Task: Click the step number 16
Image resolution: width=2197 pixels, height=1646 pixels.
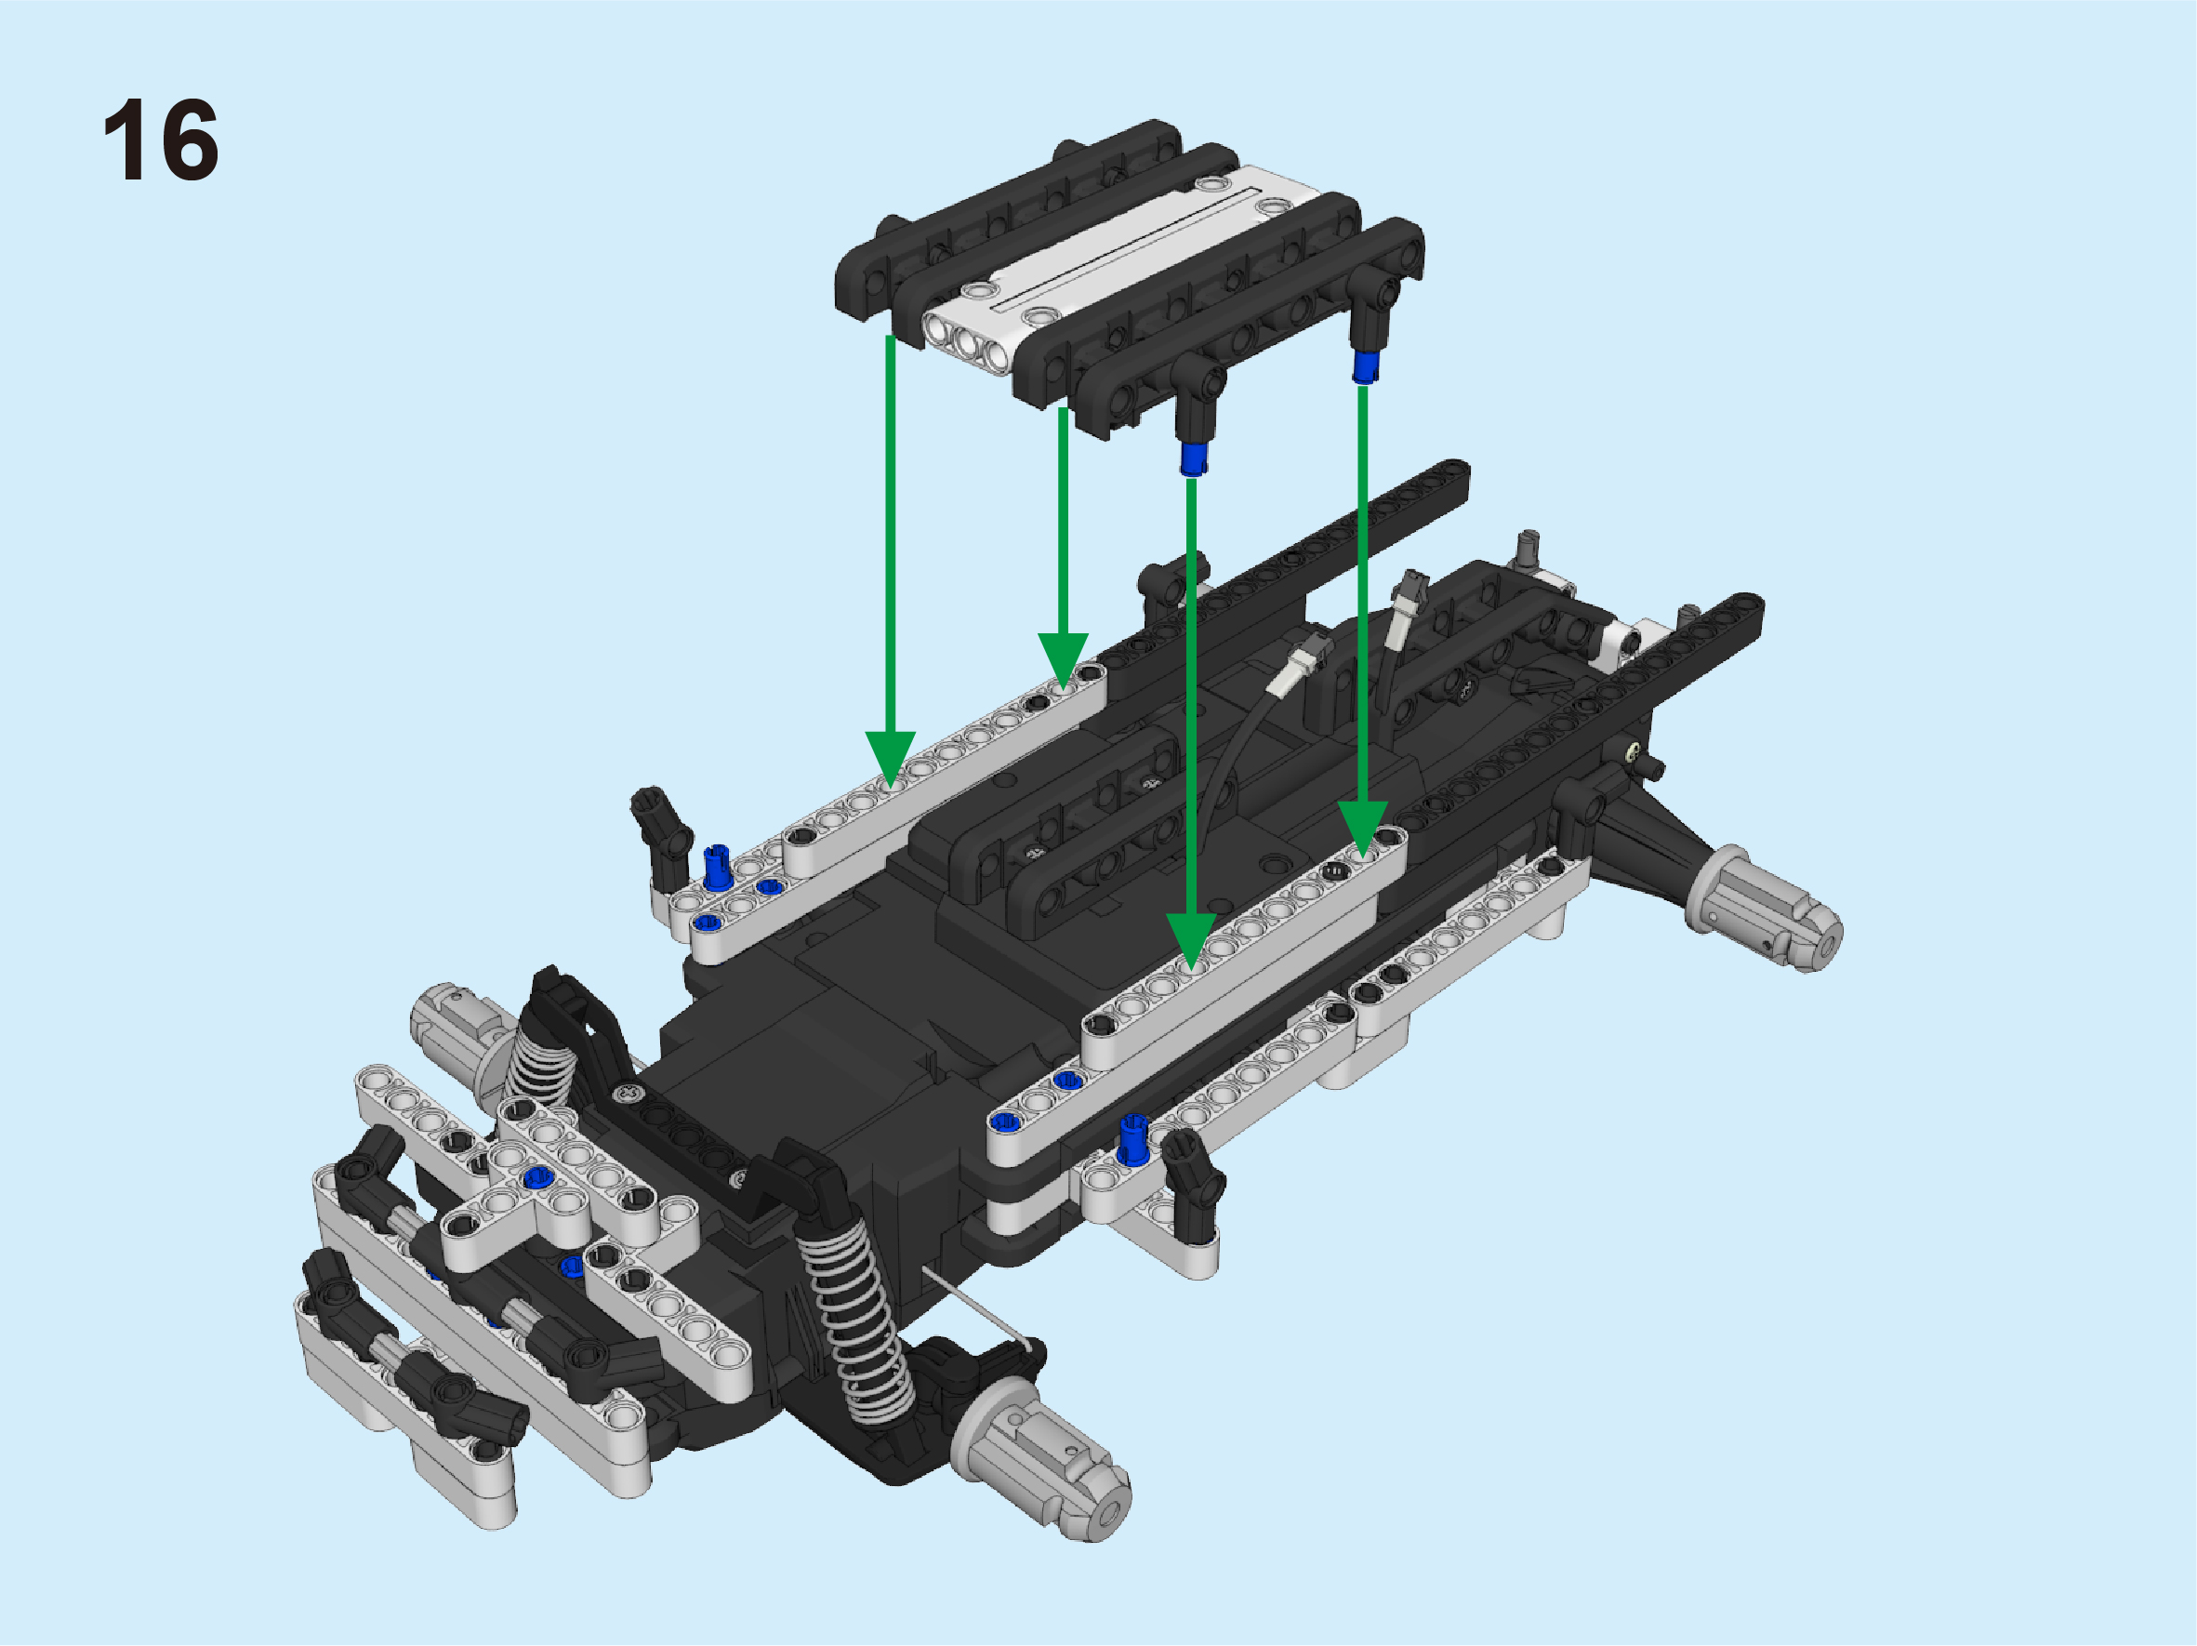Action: (x=161, y=140)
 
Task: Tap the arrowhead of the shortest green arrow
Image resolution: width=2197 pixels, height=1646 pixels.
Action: (x=1063, y=661)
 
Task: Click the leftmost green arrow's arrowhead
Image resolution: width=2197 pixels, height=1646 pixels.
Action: (x=890, y=761)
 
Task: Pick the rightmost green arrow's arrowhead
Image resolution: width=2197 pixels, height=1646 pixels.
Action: (x=1363, y=830)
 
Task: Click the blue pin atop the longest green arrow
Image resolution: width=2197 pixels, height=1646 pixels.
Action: (x=1193, y=459)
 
